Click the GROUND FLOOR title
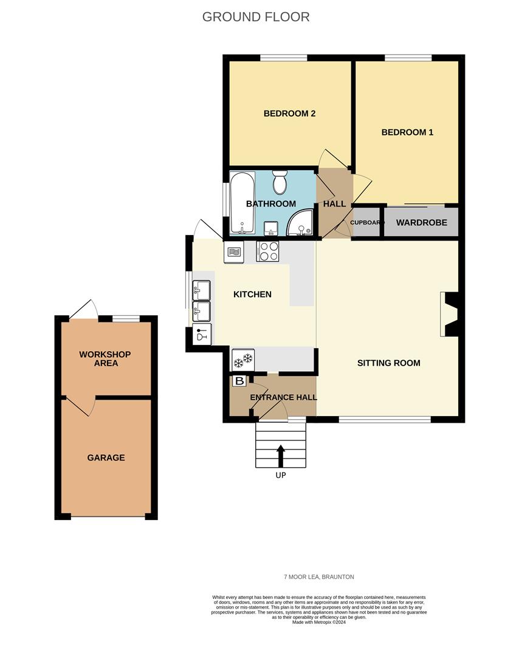click(x=256, y=17)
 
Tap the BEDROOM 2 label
click(x=290, y=114)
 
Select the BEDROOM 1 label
click(x=407, y=132)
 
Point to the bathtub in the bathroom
click(x=242, y=203)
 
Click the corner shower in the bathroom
click(x=300, y=222)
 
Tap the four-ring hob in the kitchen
click(x=267, y=251)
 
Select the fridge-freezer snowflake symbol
click(x=243, y=360)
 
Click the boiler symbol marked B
click(x=239, y=381)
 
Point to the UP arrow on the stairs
click(x=281, y=456)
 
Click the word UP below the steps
click(x=281, y=475)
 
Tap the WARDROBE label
click(x=422, y=222)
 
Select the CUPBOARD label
click(x=367, y=222)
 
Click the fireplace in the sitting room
click(x=450, y=314)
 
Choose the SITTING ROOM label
click(x=389, y=363)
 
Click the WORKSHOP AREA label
click(x=106, y=359)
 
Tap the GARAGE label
click(x=106, y=458)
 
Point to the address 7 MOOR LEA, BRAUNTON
click(x=319, y=577)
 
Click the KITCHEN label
click(x=252, y=295)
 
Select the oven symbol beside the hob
click(x=234, y=252)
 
